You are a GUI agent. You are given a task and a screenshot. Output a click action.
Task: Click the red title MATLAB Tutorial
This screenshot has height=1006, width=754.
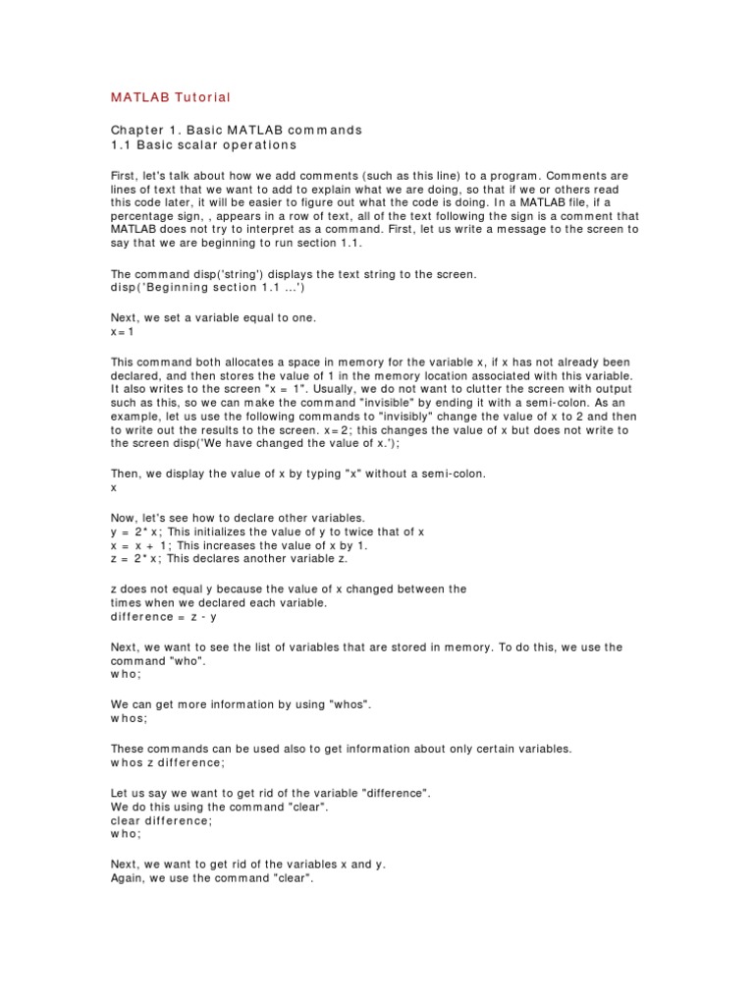coord(171,97)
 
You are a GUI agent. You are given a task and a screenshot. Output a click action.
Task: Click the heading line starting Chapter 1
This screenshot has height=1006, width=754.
coord(236,130)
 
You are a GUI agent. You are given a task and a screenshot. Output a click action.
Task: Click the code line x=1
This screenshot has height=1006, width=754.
coord(122,333)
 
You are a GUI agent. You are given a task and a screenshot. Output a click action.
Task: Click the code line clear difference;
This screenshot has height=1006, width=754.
coord(160,820)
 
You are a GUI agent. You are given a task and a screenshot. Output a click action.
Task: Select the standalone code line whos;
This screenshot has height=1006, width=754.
coord(130,718)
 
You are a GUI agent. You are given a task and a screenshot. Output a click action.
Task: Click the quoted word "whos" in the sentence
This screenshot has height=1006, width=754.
coord(348,704)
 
